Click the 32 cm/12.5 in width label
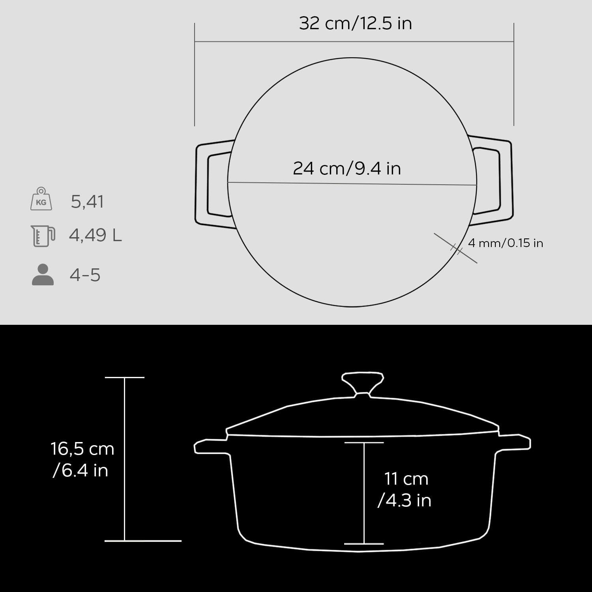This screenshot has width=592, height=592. click(x=355, y=23)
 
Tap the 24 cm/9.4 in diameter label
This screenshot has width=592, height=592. click(x=347, y=169)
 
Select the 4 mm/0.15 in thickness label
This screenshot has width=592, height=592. click(x=506, y=243)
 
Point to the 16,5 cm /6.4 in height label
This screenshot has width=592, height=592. click(x=82, y=460)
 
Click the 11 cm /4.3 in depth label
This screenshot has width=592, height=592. click(x=405, y=489)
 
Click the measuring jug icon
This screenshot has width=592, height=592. click(x=43, y=236)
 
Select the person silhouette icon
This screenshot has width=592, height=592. click(x=43, y=275)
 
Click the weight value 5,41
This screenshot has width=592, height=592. click(x=88, y=202)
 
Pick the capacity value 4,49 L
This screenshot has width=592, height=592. click(x=96, y=235)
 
